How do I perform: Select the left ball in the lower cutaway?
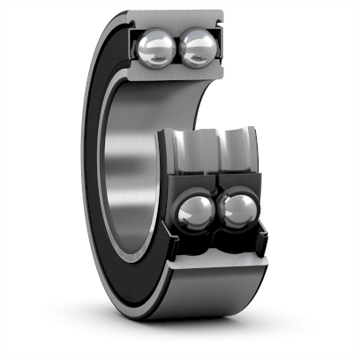pyautogui.click(x=195, y=214)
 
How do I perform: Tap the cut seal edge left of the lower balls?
pyautogui.click(x=169, y=225)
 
